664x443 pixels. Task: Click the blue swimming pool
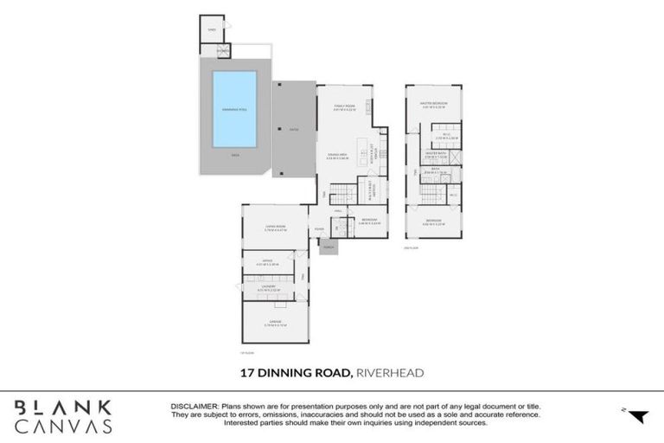(234, 112)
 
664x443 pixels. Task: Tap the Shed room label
(211, 30)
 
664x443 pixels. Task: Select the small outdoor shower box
(224, 50)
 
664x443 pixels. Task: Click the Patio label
(294, 130)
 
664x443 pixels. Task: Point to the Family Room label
(346, 108)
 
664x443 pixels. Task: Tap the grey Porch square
(329, 247)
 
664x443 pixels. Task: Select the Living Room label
(276, 228)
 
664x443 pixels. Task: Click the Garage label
(276, 323)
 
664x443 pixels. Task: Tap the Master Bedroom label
(432, 105)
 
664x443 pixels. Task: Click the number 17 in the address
(246, 373)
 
